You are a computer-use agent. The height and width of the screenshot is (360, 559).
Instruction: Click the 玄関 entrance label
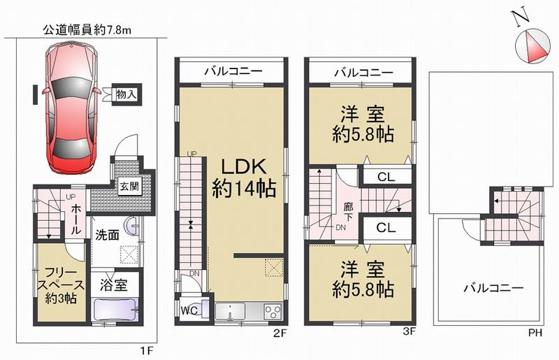(128, 187)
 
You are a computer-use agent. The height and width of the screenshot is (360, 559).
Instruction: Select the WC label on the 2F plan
(189, 308)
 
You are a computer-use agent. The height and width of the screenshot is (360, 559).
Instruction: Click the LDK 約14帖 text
(243, 178)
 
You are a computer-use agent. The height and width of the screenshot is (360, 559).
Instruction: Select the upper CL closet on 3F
(386, 177)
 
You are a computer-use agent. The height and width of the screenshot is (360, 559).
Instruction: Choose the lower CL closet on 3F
(386, 228)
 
